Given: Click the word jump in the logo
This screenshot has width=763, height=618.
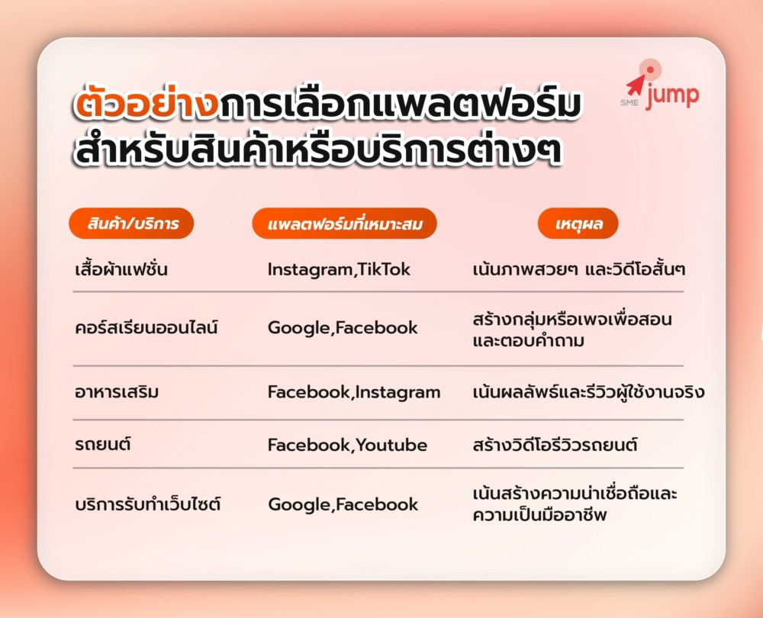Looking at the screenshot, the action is pos(673,96).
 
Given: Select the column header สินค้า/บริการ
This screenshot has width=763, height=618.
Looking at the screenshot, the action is pos(131,224).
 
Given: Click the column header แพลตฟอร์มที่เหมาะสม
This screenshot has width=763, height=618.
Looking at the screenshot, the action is pos(345,224).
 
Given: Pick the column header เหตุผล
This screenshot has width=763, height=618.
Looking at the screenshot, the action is pos(578,224).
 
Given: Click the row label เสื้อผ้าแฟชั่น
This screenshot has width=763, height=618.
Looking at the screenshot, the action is pos(121,269).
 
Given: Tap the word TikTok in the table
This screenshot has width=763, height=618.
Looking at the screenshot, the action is pos(384,269).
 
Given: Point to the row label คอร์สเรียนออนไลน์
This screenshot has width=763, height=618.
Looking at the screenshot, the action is pos(146,327).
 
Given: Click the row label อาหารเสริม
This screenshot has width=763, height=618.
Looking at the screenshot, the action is pos(117,391).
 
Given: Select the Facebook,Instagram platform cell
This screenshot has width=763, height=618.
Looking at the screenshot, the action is pos(354,392).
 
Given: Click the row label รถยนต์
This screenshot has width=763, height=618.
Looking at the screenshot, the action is pos(103,444).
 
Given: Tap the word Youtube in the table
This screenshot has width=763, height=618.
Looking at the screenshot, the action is pos(391,445).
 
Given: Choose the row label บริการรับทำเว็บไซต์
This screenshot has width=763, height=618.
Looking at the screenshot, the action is pos(148,504).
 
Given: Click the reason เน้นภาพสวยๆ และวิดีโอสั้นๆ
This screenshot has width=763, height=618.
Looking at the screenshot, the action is pos(579,269).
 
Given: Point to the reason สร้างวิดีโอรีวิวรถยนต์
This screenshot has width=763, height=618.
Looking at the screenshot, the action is pos(555,444).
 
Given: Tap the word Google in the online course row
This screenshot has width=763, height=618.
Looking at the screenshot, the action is pos(299,328).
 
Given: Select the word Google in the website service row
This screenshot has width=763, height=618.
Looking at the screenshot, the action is pos(300,504).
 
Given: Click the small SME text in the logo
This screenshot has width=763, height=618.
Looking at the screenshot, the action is pos(629,103).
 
